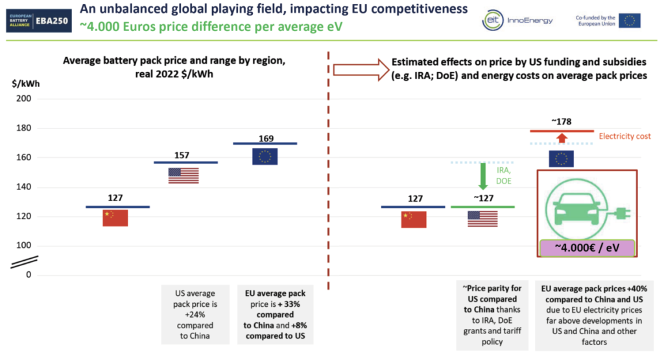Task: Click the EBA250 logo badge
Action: (x=39, y=21)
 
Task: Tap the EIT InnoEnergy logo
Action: (x=517, y=20)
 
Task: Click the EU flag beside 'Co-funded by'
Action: (x=629, y=20)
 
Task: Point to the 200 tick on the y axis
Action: (x=24, y=99)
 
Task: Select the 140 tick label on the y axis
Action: (x=24, y=187)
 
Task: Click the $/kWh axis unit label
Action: (x=26, y=84)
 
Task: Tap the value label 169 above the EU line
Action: (x=266, y=139)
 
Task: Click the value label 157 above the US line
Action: (x=182, y=156)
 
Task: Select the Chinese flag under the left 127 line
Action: (x=115, y=218)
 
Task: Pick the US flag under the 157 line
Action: (x=184, y=176)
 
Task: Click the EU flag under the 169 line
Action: (x=265, y=156)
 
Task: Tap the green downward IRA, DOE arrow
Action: (x=482, y=176)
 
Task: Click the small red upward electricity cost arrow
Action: (x=562, y=138)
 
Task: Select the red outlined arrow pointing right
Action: (x=361, y=69)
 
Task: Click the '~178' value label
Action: (x=562, y=122)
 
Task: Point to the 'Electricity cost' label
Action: (x=624, y=136)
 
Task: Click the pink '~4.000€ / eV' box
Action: (x=587, y=248)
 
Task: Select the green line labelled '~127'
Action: (x=482, y=207)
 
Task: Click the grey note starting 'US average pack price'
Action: (x=195, y=314)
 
